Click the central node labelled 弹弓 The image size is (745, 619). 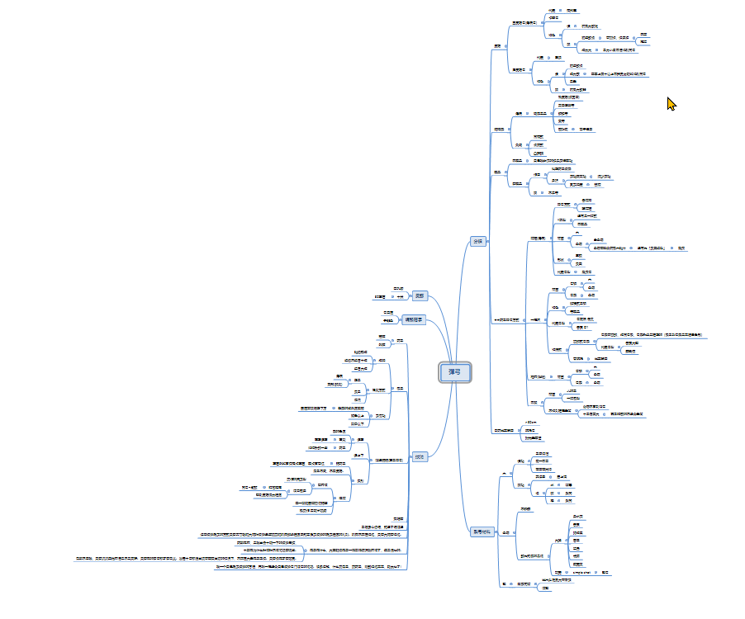[x=454, y=372]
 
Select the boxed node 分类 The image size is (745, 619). [x=477, y=242]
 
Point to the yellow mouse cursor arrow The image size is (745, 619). [x=671, y=104]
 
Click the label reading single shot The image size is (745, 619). [x=584, y=572]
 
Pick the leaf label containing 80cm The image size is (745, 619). [x=531, y=422]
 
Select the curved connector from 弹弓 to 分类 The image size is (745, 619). [x=463, y=297]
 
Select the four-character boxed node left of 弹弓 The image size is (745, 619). [x=414, y=319]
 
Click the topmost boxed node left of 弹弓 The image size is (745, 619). [x=420, y=295]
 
